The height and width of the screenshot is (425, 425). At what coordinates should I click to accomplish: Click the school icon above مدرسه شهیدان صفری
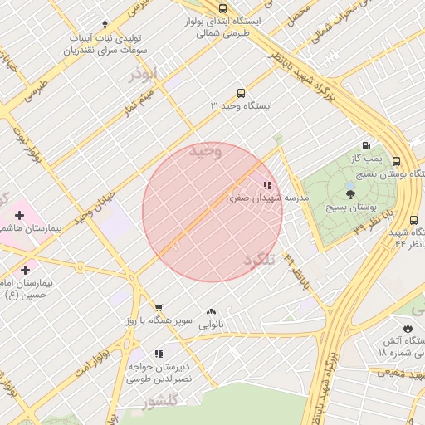pyautogui.click(x=266, y=186)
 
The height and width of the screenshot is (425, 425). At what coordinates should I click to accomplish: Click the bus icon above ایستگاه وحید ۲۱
pyautogui.click(x=241, y=93)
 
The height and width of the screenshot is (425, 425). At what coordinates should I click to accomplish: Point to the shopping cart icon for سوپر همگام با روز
pyautogui.click(x=159, y=307)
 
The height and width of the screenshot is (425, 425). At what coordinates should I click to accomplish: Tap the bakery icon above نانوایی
pyautogui.click(x=211, y=312)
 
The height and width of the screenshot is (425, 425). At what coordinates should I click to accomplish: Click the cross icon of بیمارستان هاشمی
pyautogui.click(x=19, y=215)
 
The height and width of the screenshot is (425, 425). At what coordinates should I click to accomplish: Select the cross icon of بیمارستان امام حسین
pyautogui.click(x=25, y=270)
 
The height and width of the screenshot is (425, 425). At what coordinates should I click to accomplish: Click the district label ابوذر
pyautogui.click(x=142, y=74)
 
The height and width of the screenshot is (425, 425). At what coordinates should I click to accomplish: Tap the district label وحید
pyautogui.click(x=206, y=150)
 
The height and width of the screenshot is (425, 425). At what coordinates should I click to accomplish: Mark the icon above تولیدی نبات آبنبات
pyautogui.click(x=105, y=25)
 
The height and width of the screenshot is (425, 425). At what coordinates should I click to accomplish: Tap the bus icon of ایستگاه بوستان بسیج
pyautogui.click(x=396, y=162)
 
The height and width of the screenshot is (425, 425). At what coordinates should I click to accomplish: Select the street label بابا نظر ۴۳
pyautogui.click(x=349, y=224)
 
